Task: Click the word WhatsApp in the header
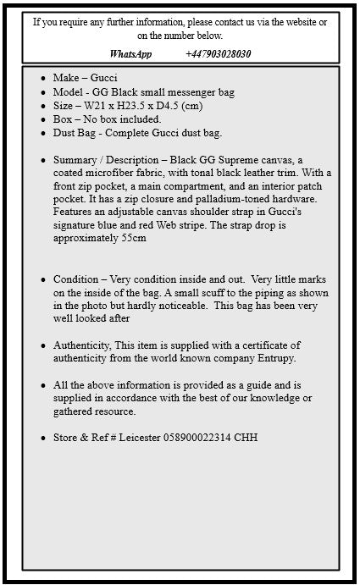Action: [x=130, y=53]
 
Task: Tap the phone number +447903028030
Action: [x=218, y=53]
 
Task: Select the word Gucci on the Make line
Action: [x=104, y=78]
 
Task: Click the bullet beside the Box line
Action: [x=43, y=119]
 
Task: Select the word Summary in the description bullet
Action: [x=75, y=160]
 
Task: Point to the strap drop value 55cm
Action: [x=131, y=238]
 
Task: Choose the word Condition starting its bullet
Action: [x=76, y=279]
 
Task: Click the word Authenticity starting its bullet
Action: [x=82, y=345]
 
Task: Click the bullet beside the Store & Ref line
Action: [x=43, y=438]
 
